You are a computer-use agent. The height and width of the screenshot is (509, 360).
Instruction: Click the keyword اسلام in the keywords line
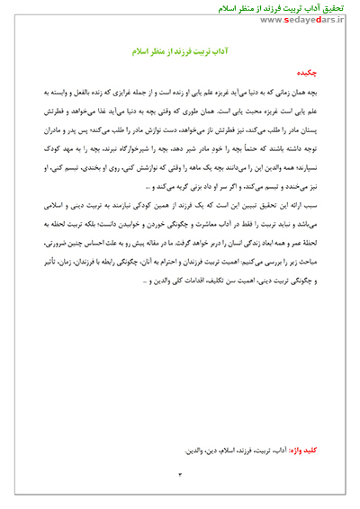pos(227,448)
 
